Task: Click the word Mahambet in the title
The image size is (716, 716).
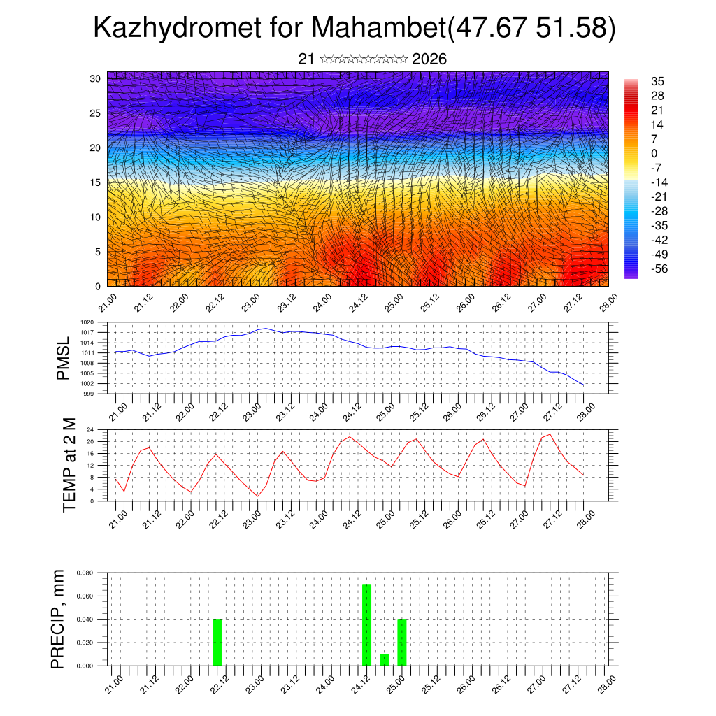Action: click(378, 29)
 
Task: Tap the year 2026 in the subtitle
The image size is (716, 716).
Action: click(429, 59)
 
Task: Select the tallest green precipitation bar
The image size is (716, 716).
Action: click(366, 624)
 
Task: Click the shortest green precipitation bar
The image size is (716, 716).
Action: click(384, 659)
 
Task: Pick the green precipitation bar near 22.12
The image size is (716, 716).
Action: click(217, 642)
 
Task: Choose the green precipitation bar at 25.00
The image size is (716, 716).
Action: click(401, 642)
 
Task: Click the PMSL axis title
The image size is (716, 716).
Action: click(64, 358)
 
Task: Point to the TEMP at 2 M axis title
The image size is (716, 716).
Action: click(69, 464)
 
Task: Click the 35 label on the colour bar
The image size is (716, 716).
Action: click(657, 81)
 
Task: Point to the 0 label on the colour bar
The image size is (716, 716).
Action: click(654, 154)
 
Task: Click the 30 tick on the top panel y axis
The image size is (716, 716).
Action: click(95, 78)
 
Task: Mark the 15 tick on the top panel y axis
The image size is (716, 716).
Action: click(95, 182)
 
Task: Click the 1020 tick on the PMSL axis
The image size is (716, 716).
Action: click(96, 322)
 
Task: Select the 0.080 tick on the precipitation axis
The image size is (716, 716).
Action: click(84, 573)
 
